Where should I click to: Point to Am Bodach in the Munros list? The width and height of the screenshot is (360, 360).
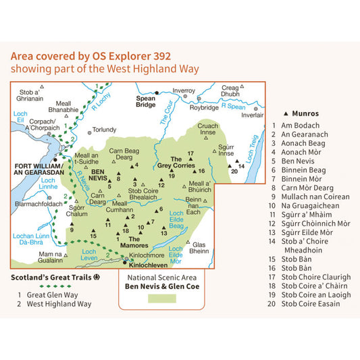pyautogui.click(x=299, y=125)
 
